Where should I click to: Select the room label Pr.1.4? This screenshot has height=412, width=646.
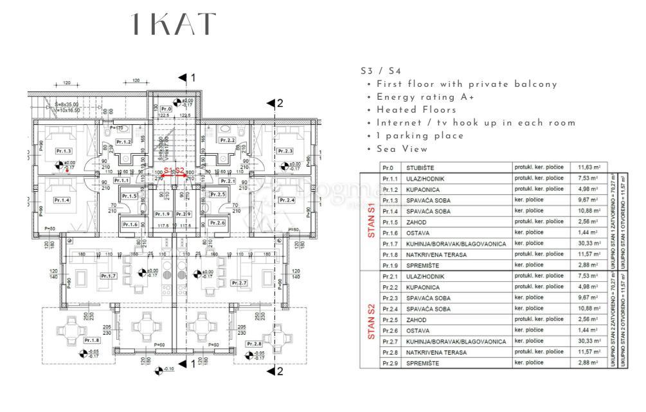tap(62, 200)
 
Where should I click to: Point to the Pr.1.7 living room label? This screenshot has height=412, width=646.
tap(109, 276)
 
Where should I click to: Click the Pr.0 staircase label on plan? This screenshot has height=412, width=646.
tap(166, 109)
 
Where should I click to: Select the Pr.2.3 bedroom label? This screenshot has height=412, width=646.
tap(286, 151)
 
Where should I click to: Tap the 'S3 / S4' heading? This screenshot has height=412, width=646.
tap(381, 71)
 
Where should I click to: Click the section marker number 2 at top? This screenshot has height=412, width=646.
tap(279, 103)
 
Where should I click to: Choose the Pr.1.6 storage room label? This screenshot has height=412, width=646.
tap(130, 224)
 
